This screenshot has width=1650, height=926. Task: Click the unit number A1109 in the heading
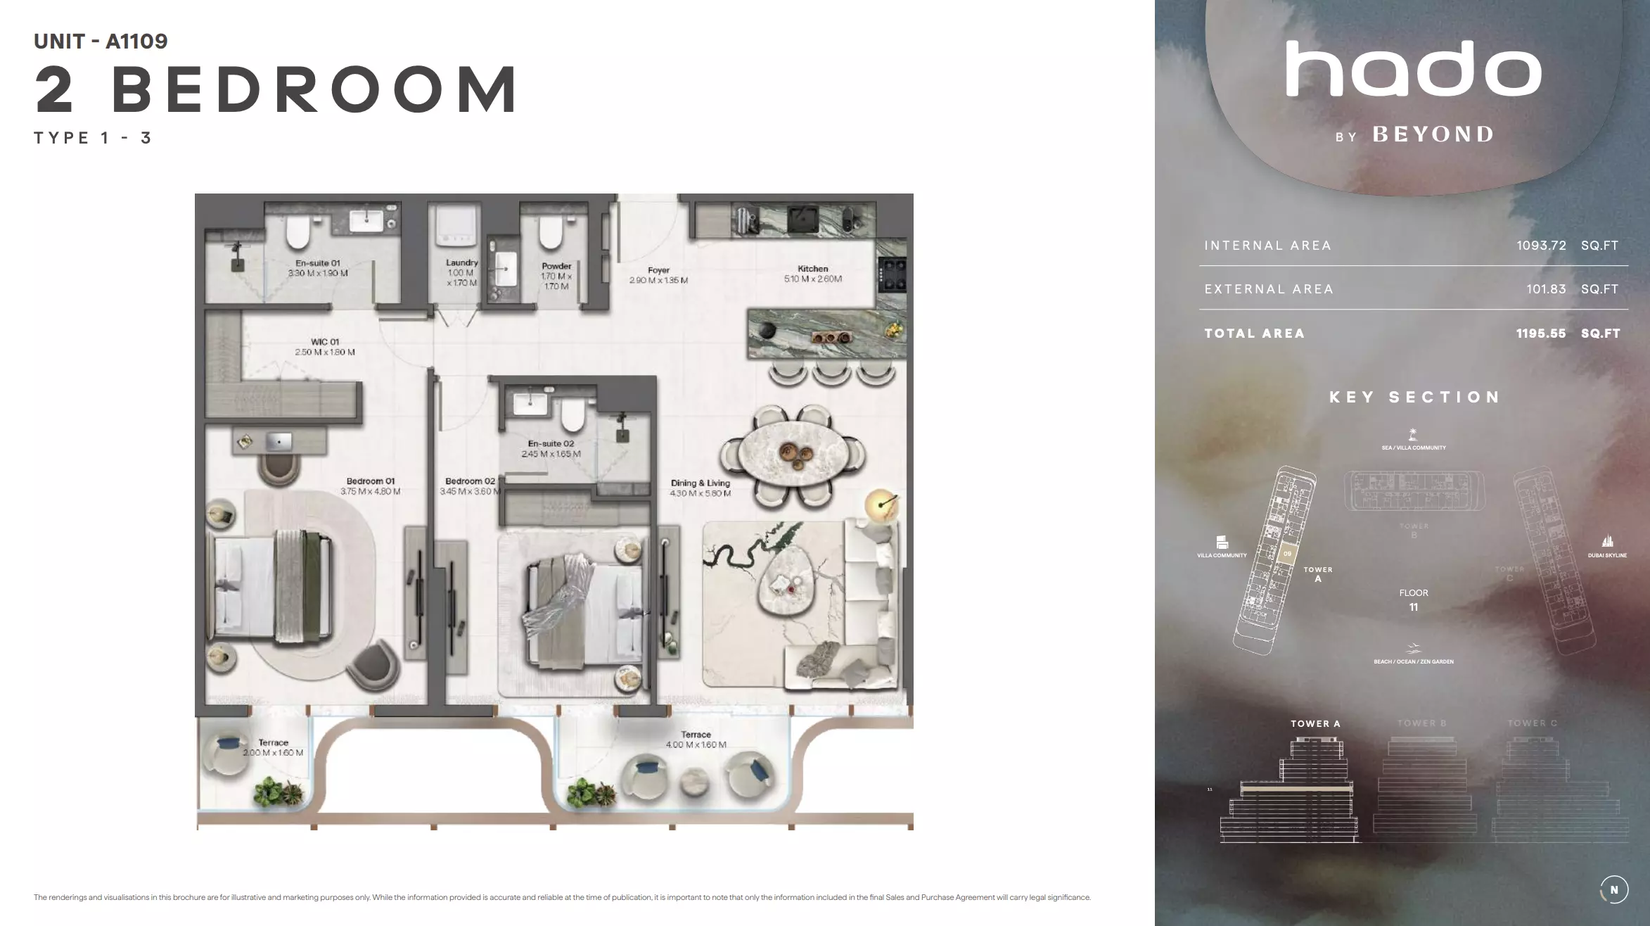[136, 42]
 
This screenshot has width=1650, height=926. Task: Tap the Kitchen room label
[812, 269]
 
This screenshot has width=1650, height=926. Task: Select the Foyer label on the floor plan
[658, 270]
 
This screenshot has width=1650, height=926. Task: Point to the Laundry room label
[461, 262]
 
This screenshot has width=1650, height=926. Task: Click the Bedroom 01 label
[370, 481]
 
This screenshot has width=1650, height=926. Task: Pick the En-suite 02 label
[551, 444]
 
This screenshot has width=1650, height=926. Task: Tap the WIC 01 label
[325, 342]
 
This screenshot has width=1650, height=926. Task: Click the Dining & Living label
[700, 483]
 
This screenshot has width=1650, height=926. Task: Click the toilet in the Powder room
[551, 233]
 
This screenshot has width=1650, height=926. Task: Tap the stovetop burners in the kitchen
[893, 274]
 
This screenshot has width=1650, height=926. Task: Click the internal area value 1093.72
[1541, 246]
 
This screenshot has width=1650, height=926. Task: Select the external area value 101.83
[1546, 289]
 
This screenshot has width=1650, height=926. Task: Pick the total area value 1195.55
[1541, 334]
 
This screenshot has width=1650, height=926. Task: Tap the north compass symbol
[1614, 889]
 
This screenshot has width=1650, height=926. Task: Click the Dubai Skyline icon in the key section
[1607, 541]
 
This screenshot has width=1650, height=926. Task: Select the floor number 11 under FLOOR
[1414, 607]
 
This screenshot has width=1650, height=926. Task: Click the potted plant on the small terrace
[279, 792]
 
